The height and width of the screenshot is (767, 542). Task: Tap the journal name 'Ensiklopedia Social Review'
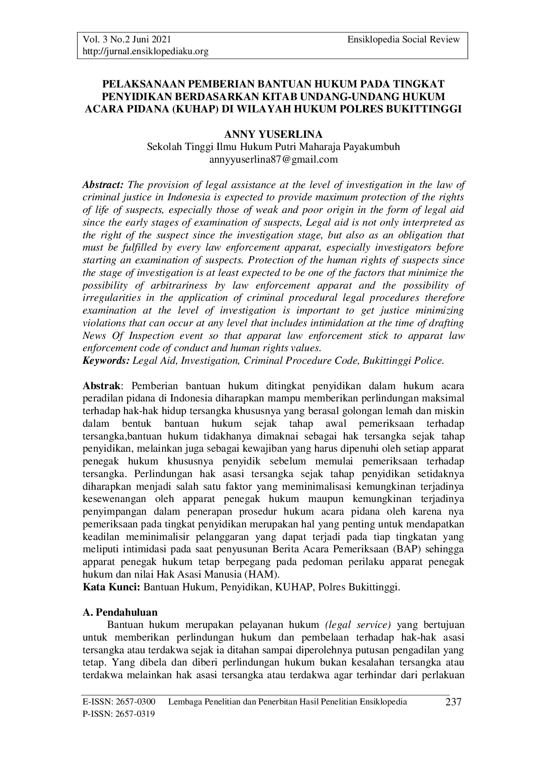click(403, 39)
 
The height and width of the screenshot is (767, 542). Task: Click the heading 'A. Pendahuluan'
click(120, 612)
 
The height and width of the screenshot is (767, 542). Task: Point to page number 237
click(453, 703)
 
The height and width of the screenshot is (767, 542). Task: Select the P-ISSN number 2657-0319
click(137, 714)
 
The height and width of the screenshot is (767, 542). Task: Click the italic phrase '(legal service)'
click(358, 624)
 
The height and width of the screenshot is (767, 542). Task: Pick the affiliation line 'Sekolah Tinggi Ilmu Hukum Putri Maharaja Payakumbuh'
click(273, 146)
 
